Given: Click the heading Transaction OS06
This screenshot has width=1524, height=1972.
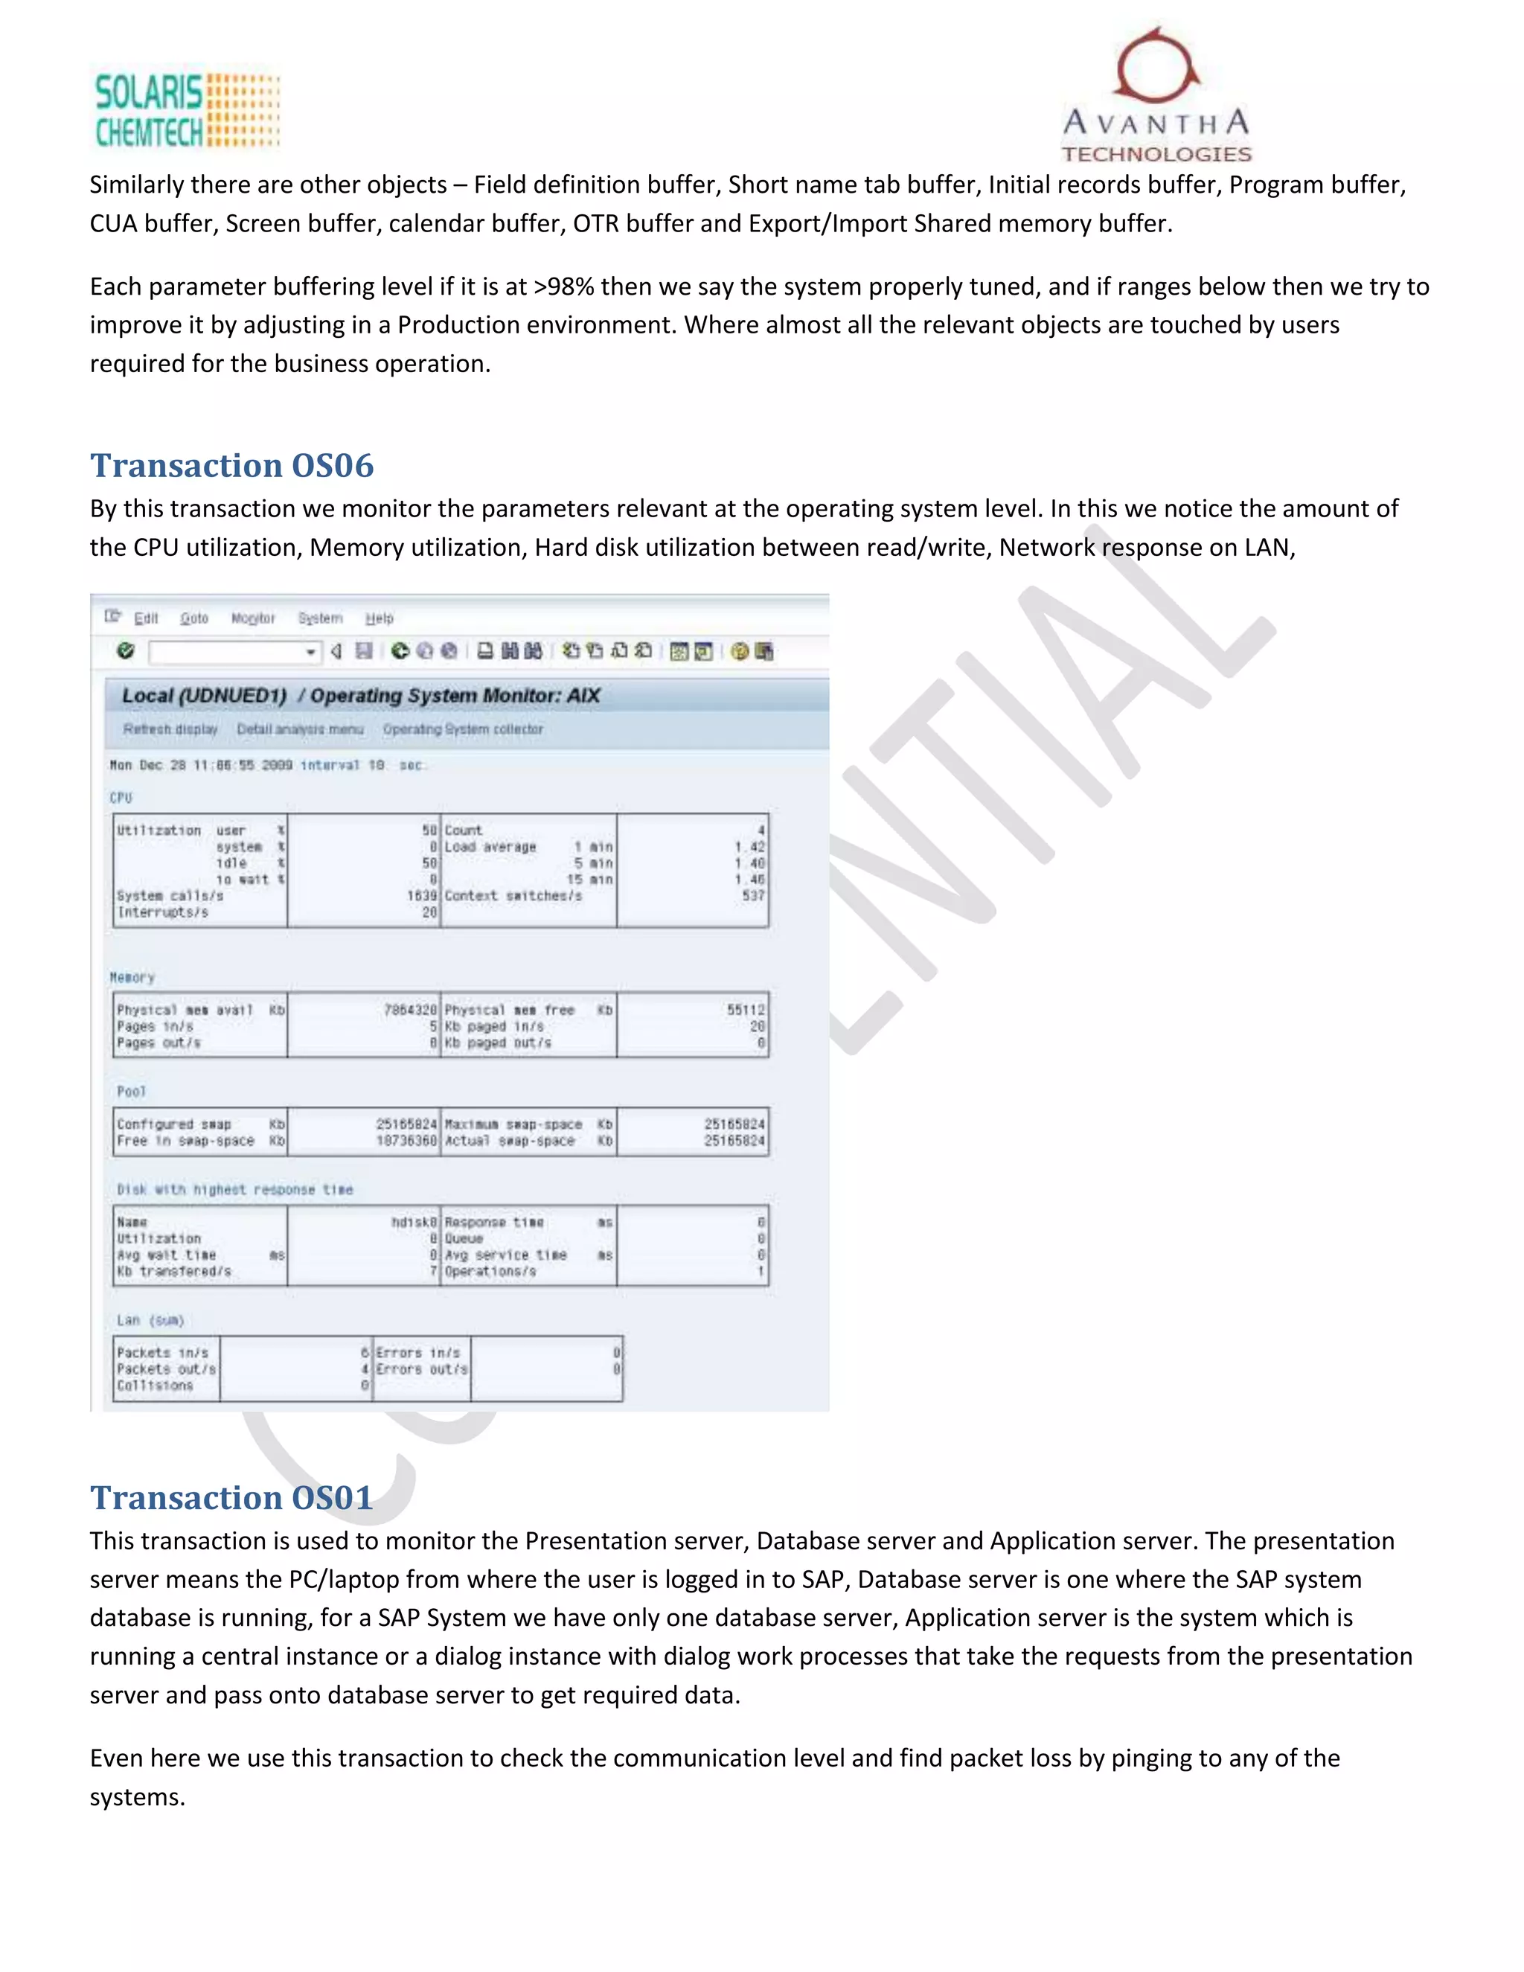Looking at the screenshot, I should (x=231, y=466).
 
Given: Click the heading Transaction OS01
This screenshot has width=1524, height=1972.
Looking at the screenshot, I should (x=231, y=1498).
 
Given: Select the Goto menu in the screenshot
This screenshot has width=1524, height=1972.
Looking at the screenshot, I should (x=194, y=618).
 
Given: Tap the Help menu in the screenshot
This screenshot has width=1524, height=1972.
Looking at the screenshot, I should (x=380, y=618).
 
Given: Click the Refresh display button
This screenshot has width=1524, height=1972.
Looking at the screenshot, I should (x=170, y=729).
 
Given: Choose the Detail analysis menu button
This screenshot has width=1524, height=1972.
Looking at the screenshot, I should (x=300, y=729).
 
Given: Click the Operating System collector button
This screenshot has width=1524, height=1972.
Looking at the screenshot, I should (x=463, y=729).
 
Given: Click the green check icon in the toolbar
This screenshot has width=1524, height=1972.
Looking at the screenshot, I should (x=126, y=651).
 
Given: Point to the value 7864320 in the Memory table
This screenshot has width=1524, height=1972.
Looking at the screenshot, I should (x=410, y=1011).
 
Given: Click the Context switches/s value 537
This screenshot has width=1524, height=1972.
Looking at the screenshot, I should (x=753, y=896).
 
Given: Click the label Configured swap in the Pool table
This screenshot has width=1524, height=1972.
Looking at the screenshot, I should (x=173, y=1125).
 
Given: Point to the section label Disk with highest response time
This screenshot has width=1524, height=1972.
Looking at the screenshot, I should (x=234, y=1190).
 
